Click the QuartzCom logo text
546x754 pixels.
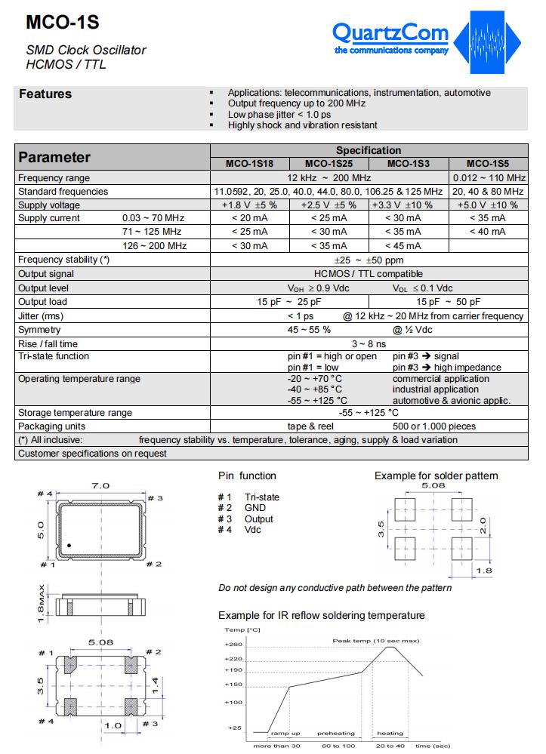click(x=390, y=34)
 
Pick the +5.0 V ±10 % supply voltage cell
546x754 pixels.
click(x=487, y=205)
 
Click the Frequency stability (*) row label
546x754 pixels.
click(x=63, y=260)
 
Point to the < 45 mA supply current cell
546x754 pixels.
click(x=408, y=246)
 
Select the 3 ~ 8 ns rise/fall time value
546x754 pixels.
click(x=368, y=343)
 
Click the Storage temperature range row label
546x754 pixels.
click(x=75, y=413)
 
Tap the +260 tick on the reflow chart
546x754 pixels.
click(x=233, y=645)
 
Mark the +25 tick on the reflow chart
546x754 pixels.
click(x=235, y=728)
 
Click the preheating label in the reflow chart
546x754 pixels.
click(x=335, y=733)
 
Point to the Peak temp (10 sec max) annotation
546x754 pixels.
click(x=375, y=640)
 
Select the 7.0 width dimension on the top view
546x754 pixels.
click(x=101, y=485)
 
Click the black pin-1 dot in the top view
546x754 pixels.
click(x=69, y=545)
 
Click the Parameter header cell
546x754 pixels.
click(x=54, y=157)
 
